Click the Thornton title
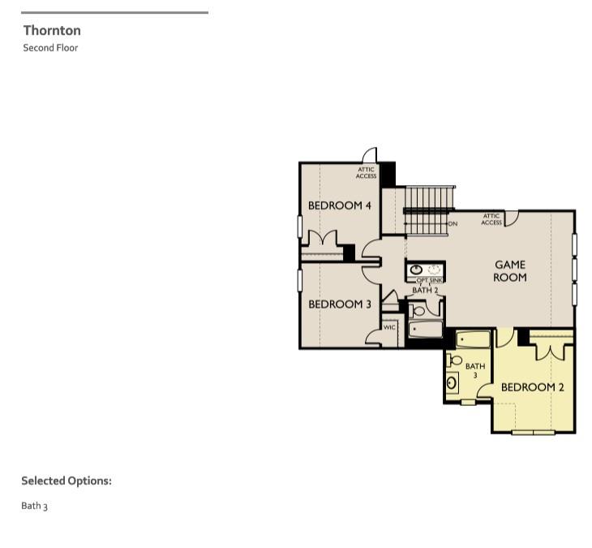[52, 31]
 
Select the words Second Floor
[50, 48]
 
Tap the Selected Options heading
[66, 481]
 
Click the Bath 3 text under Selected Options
[34, 506]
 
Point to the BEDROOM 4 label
[340, 205]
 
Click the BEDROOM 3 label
[340, 304]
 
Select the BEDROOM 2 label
[532, 387]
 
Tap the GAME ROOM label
[510, 271]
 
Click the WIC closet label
[389, 327]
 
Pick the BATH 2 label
[425, 291]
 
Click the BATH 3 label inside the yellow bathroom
[475, 370]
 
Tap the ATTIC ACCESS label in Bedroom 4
[367, 173]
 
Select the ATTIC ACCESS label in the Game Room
[491, 219]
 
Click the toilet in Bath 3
[454, 360]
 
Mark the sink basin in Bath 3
[452, 383]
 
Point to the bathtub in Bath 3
[473, 339]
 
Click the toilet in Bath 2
[418, 311]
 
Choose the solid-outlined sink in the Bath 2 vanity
[416, 270]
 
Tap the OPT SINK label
[429, 280]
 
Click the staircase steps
[429, 211]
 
